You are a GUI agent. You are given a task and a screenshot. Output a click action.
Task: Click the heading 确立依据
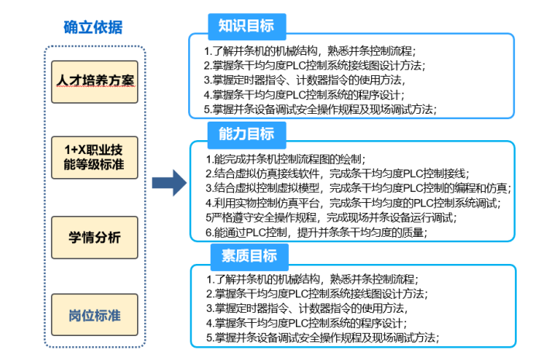tap(92, 27)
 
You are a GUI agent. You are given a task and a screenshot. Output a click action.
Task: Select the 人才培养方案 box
tap(94, 81)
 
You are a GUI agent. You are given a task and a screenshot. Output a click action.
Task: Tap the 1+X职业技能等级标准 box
tap(94, 157)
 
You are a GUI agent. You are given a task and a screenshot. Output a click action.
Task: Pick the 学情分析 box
tap(94, 238)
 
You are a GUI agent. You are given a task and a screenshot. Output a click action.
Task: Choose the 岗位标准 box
tap(94, 314)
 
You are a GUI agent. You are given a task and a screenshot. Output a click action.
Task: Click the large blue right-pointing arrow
tap(168, 184)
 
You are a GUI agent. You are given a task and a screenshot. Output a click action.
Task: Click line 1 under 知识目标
tap(310, 51)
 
